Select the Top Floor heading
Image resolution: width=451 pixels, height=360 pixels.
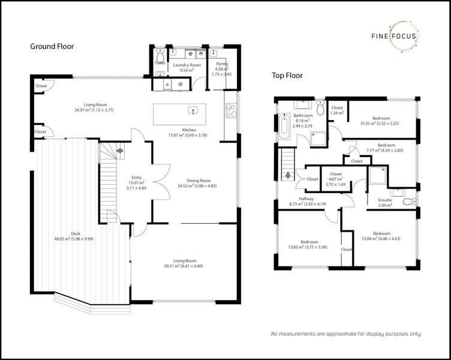pyautogui.click(x=287, y=76)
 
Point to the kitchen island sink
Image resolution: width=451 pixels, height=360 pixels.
pyautogui.click(x=193, y=110)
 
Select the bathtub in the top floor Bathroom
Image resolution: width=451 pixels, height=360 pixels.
pyautogui.click(x=283, y=127)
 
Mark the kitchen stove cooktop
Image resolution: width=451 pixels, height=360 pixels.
pyautogui.click(x=230, y=109)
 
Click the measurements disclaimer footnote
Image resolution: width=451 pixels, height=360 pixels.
pyautogui.click(x=345, y=334)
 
